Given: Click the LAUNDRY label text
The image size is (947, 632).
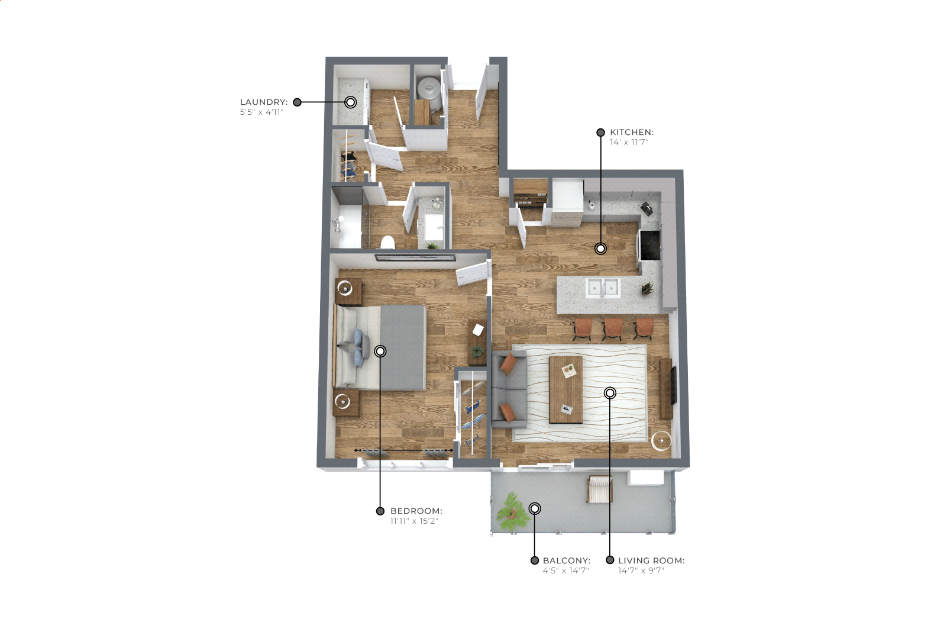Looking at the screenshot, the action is click(264, 102).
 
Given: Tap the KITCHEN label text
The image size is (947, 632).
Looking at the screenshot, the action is click(632, 133).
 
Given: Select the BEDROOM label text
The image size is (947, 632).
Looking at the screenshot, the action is click(416, 511).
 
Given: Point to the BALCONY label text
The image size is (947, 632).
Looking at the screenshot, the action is click(567, 560).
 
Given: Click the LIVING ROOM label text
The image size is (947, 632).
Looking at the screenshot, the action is click(651, 560).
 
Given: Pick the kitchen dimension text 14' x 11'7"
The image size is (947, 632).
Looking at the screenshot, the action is click(629, 143).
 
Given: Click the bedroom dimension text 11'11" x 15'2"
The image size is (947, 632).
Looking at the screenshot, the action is click(414, 521).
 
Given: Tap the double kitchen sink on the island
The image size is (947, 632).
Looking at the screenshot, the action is click(603, 288).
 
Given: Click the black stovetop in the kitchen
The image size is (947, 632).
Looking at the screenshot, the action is click(650, 245).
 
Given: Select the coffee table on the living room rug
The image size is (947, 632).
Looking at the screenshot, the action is click(565, 389).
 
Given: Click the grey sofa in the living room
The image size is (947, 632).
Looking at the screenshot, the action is click(509, 389).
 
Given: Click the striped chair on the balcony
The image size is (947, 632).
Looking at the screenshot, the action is click(599, 489).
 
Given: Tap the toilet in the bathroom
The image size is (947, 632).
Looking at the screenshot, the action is click(387, 243).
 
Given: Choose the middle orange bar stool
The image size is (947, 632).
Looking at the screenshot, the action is click(613, 328).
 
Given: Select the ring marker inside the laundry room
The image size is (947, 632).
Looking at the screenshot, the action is click(350, 102).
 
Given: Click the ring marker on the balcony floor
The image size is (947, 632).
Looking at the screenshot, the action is click(535, 508).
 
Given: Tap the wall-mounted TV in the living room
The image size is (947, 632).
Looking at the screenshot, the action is click(674, 385).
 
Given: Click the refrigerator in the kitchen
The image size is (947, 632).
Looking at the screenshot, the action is click(567, 202).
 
